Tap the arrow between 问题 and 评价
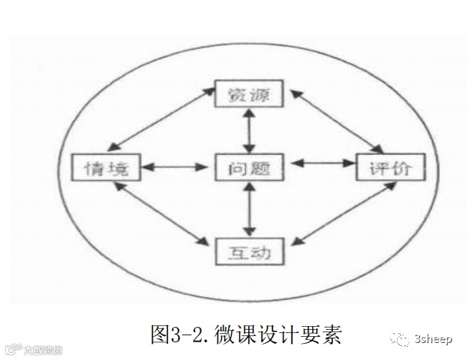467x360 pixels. [321, 164]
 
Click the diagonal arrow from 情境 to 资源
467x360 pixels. [162, 121]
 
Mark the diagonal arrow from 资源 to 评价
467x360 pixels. [336, 121]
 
